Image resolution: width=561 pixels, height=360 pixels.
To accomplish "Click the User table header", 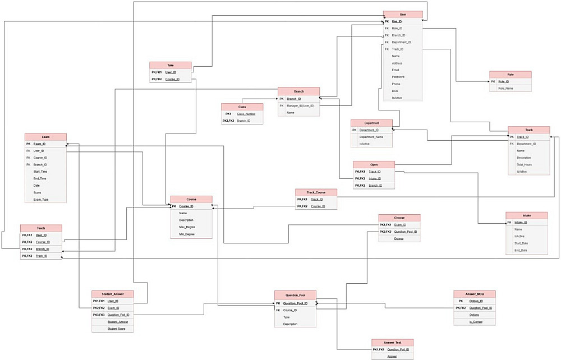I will coord(403,14).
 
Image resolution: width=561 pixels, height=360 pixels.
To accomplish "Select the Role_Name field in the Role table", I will coord(505,88).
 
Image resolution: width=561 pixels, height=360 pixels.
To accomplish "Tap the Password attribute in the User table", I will coord(398,77).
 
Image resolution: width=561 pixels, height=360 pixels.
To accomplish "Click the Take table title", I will coord(170,65).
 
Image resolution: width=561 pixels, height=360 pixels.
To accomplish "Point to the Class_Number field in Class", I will coord(246,114).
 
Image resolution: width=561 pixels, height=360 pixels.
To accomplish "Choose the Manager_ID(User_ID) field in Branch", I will coord(301,105).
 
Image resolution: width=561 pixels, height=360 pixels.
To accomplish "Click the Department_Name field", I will coord(371,137).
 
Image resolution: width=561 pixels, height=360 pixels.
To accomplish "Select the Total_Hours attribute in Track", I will coord(525,165).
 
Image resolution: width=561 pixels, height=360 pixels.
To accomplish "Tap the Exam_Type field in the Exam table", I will coord(41,199).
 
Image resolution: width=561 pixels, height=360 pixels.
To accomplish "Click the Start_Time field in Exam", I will coord(40,172).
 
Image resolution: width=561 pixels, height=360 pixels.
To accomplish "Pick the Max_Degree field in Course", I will coord(187,227).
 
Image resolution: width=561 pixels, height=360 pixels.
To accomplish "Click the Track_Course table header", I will coord(316,192).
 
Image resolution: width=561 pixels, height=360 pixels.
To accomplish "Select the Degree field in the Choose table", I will coord(398,238).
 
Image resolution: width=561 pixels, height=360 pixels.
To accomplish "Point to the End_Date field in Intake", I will coord(521,250).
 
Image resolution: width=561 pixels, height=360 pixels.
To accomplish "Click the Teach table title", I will coord(41,228).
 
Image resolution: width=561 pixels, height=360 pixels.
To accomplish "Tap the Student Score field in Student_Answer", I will coord(117,329).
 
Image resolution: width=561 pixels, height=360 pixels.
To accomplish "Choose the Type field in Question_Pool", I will coord(286,317).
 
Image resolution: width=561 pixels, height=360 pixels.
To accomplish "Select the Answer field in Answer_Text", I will coord(392,356).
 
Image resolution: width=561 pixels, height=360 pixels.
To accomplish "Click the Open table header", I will coord(374,164).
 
